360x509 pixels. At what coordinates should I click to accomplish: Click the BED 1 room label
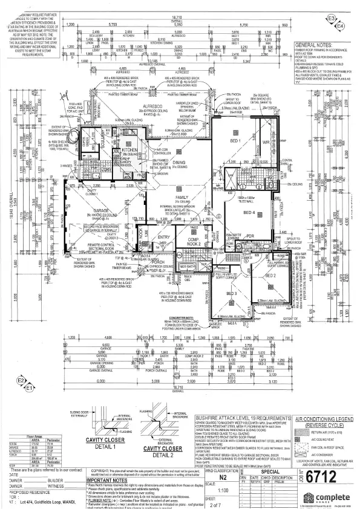(x=235, y=140)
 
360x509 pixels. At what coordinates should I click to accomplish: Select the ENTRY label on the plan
(x=165, y=237)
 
